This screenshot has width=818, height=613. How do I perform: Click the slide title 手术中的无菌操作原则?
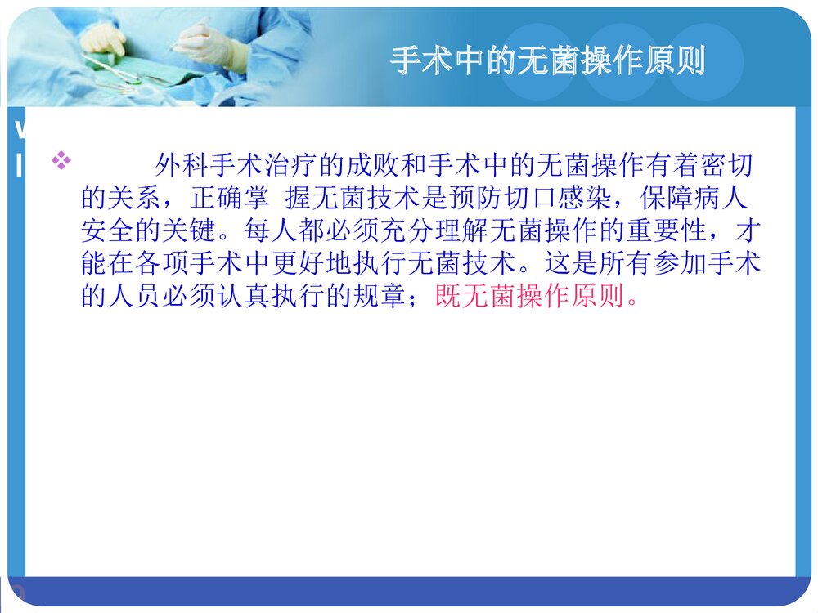coord(547,61)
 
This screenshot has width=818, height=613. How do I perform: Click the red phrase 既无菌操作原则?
coord(536,297)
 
